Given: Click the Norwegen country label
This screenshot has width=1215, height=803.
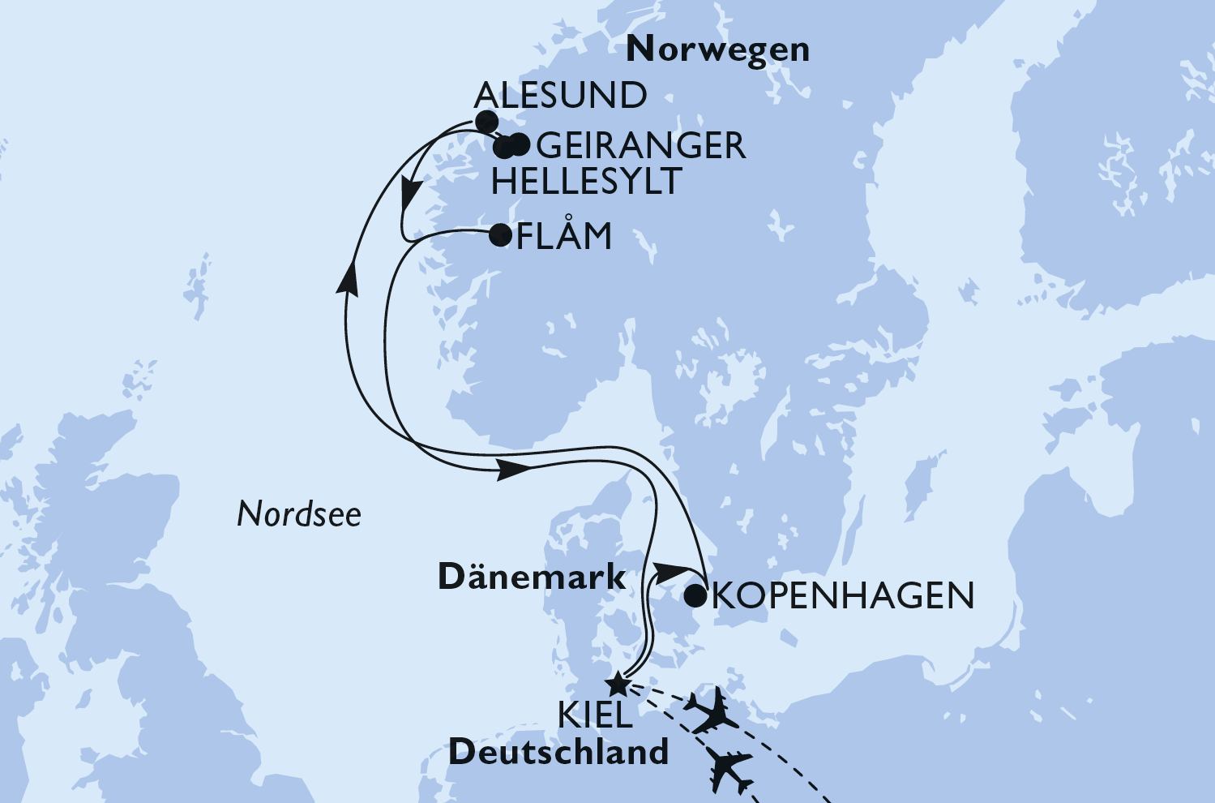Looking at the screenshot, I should coord(718,50).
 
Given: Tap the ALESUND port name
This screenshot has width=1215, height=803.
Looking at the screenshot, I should coord(560,96).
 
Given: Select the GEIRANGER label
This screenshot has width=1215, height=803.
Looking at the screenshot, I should coord(641,146).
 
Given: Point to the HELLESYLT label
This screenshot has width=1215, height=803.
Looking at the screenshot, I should coord(586,182).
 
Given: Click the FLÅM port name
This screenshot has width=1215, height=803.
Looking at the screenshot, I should coord(564,237).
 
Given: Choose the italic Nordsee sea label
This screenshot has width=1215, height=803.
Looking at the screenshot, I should coord(299,514).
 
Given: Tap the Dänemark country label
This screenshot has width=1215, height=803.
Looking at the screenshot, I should coord(532,578).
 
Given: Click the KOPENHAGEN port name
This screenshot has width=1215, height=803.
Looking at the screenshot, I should coord(843,596).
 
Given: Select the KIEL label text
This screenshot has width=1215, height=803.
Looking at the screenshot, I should coord(596,715).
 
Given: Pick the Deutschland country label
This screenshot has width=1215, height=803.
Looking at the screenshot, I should coord(558,753).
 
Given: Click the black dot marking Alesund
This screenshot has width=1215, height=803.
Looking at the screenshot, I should coord(486,122).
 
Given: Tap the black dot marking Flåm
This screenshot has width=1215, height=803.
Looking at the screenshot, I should coord(500,235).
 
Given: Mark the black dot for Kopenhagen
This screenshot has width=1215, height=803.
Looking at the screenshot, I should coord(695,597).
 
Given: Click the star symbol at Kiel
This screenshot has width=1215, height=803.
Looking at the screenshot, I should coord(618,683).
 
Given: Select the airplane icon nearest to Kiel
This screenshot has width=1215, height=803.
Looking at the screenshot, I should coord(711,711).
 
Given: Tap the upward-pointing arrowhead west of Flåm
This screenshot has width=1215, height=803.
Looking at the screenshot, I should coord(349,280).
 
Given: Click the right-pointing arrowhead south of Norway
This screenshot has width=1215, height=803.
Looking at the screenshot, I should coord(514,469).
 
